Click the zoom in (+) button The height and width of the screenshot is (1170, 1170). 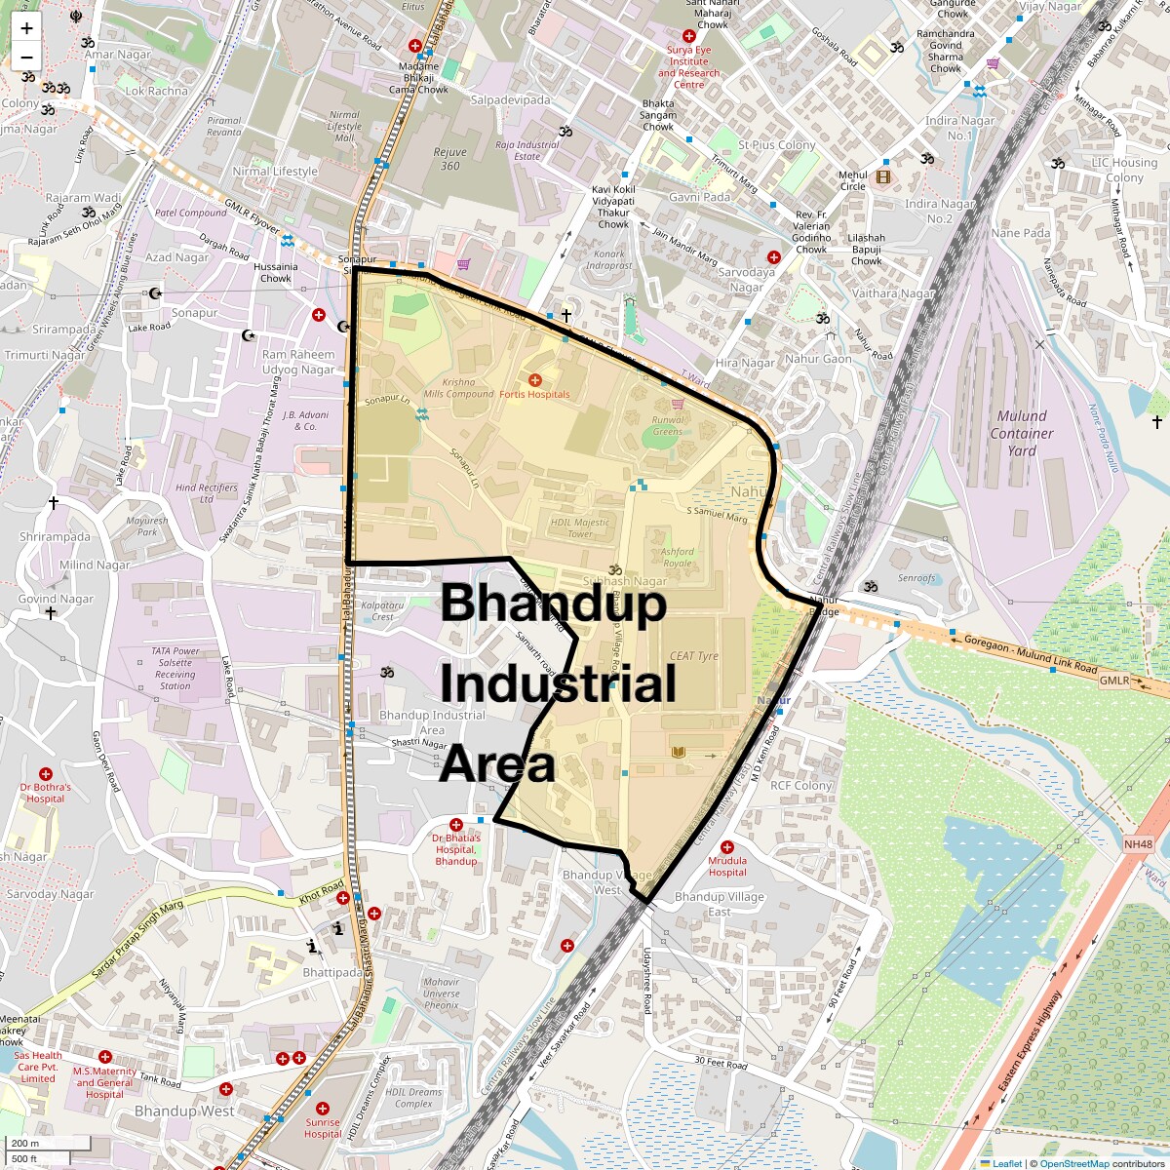coord(26,28)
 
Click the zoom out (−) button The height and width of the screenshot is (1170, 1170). coord(26,58)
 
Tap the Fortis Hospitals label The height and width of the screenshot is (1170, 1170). coord(534,394)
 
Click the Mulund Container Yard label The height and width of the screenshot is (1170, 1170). coord(1022,433)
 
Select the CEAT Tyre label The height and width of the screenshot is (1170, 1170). coord(694,656)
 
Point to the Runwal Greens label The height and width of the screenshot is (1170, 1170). coord(668,425)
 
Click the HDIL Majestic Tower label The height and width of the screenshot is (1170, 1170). coord(579,527)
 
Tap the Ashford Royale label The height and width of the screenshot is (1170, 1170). coord(678,557)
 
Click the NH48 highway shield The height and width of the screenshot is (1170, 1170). coord(1138,844)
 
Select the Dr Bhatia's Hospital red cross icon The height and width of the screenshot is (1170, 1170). coord(455,825)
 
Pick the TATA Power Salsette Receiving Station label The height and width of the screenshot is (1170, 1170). coord(175,668)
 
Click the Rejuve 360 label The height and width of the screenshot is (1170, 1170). coord(449,159)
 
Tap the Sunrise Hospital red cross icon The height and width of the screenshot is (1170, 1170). coord(323,1109)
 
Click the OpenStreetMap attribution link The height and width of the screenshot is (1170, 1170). coord(1073,1163)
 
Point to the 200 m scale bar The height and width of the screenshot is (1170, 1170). coord(27,1144)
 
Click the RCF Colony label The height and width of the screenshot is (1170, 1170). coord(801,785)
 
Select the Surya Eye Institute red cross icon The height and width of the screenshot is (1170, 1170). coord(688,36)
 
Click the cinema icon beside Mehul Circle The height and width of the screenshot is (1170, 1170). coord(883,176)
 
